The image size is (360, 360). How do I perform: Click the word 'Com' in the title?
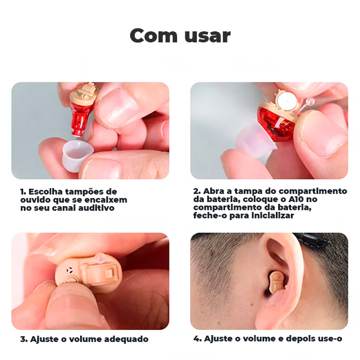[154, 35]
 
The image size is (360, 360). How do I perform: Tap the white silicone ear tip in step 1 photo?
[77, 153]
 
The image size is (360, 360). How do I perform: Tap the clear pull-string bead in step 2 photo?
[311, 101]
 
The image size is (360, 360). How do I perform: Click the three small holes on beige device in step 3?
[69, 270]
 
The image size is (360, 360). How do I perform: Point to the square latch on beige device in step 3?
[109, 273]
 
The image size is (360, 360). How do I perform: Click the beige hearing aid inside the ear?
[277, 282]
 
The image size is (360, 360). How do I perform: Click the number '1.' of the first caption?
[23, 192]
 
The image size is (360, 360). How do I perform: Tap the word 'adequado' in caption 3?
[126, 339]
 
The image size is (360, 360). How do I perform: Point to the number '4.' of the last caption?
[197, 339]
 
